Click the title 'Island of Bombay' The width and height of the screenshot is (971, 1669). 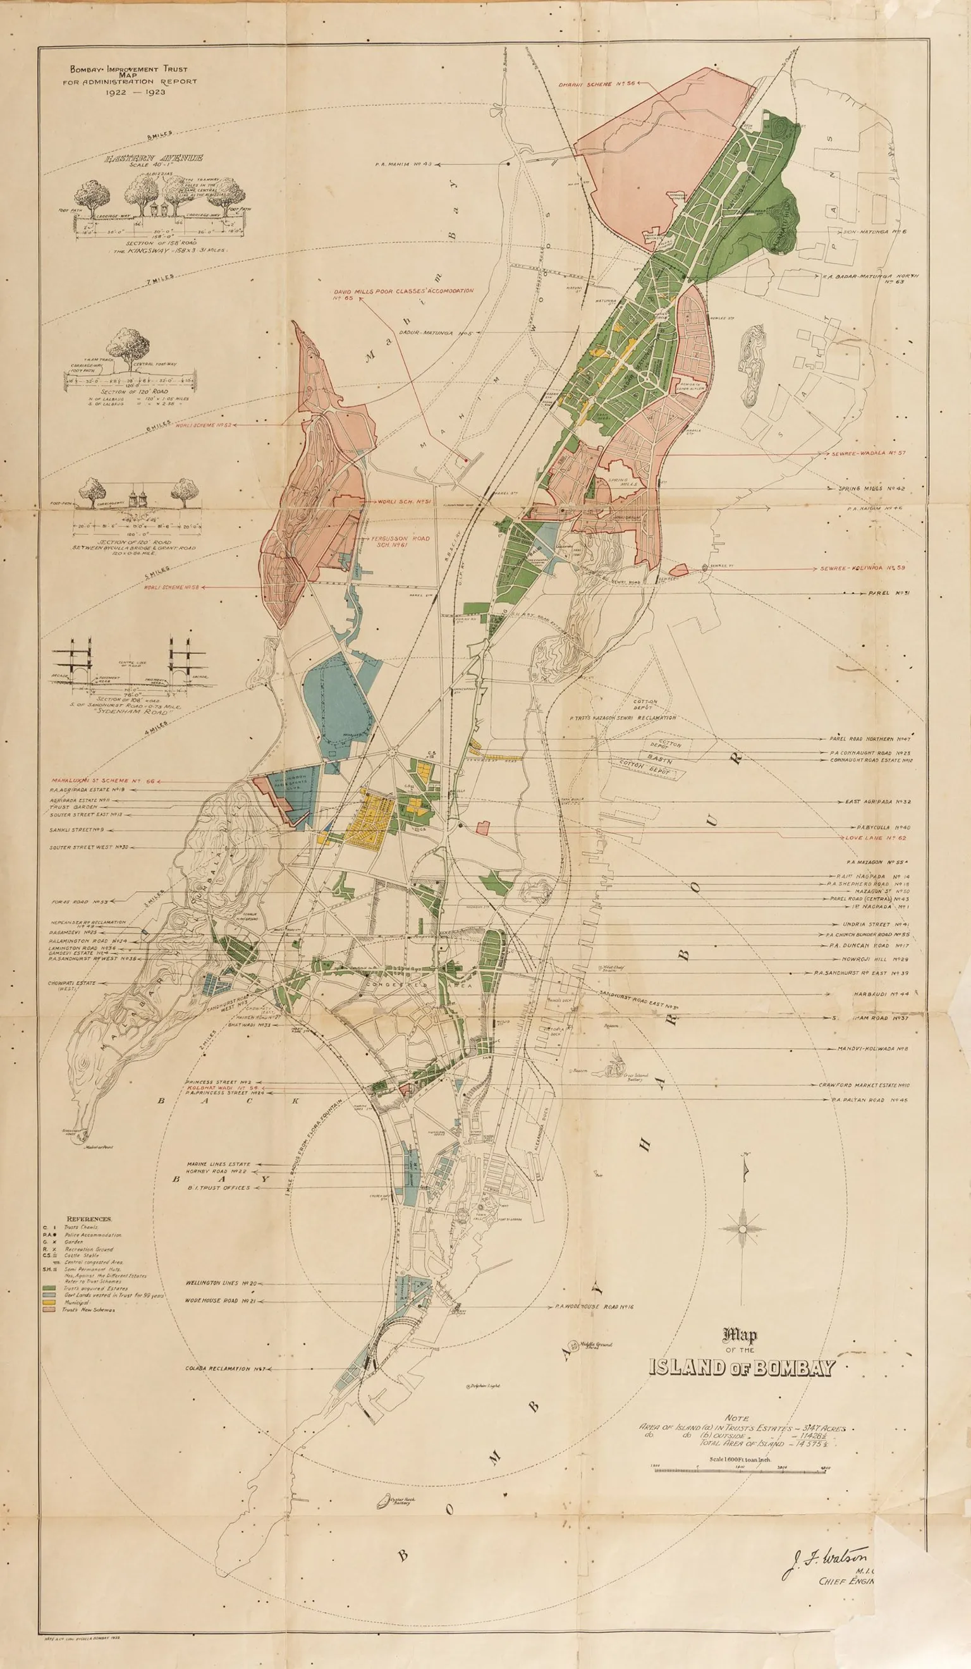(x=741, y=1367)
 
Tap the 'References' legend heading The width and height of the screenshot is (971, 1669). (x=89, y=1219)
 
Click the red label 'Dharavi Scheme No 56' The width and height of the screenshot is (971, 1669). (x=596, y=84)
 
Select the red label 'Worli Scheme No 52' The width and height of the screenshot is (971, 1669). (x=203, y=425)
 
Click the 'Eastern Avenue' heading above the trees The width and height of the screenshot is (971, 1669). (x=153, y=158)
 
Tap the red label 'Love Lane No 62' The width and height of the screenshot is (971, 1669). (x=876, y=838)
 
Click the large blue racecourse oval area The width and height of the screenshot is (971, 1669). (x=334, y=702)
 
